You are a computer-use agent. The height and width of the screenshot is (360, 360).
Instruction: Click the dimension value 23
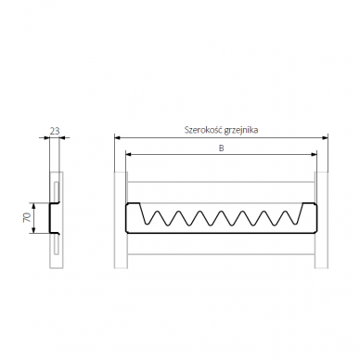[x=55, y=131]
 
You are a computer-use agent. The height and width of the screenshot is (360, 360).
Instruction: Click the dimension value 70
[x=27, y=218]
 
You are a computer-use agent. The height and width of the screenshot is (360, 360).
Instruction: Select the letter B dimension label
[x=222, y=148]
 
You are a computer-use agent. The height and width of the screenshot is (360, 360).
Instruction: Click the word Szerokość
[x=203, y=130]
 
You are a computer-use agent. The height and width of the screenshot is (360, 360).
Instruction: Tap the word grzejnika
[x=241, y=130]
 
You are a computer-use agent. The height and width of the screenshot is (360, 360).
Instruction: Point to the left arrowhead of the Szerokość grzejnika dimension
[x=117, y=137]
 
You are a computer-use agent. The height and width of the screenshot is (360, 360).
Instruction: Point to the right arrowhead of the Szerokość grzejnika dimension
[x=325, y=137]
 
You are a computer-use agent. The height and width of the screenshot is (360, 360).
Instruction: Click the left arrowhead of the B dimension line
[x=128, y=154]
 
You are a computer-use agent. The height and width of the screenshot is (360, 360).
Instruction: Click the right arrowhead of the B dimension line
[x=315, y=154]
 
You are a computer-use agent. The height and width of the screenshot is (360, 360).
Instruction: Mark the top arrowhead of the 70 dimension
[x=34, y=206]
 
